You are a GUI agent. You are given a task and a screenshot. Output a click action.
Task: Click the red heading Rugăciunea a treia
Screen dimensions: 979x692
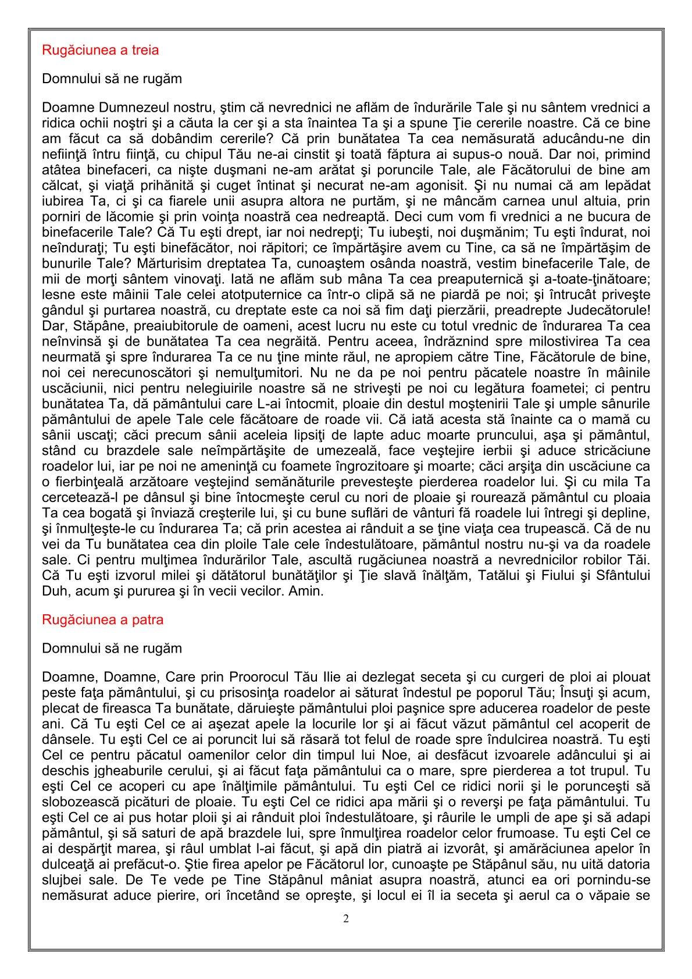tap(101, 50)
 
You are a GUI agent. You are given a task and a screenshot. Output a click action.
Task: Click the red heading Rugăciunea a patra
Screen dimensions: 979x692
tap(103, 620)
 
